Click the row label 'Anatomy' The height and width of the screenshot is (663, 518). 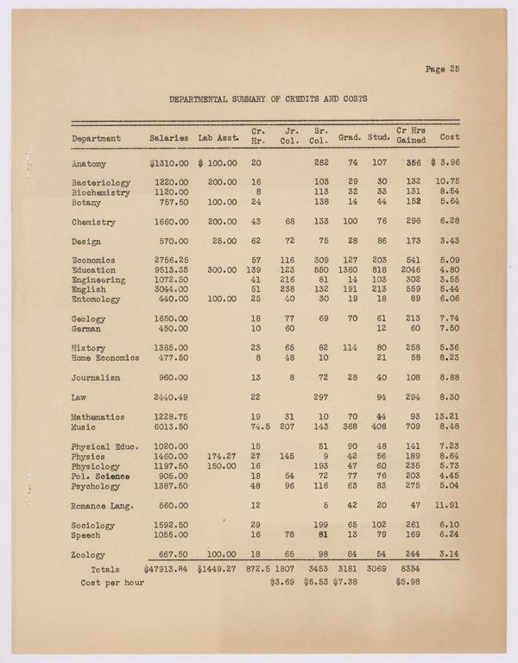pyautogui.click(x=89, y=162)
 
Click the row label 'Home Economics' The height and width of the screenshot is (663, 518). pyautogui.click(x=104, y=357)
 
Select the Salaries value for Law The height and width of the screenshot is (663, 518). pyautogui.click(x=171, y=397)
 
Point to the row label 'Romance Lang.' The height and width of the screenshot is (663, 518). pyautogui.click(x=100, y=506)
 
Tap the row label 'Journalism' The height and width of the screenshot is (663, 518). pyautogui.click(x=96, y=377)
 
